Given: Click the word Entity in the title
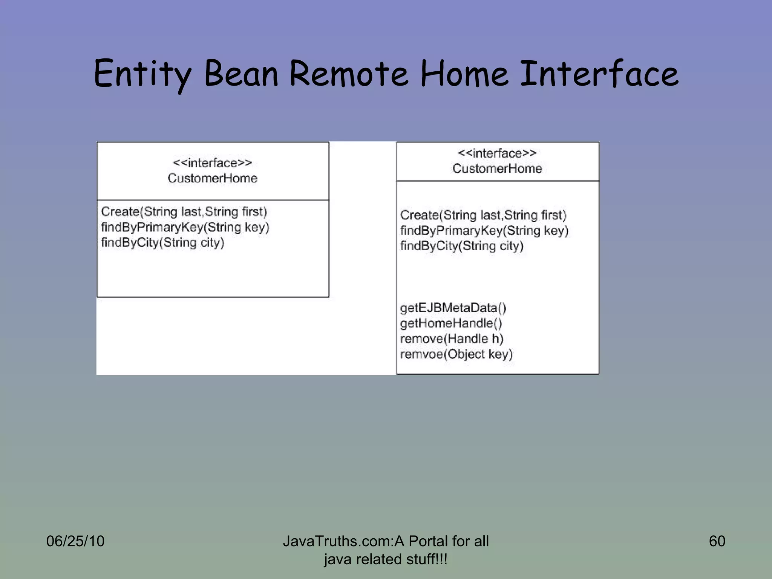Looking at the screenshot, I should (x=142, y=74).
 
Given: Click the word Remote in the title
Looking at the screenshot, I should (x=349, y=74).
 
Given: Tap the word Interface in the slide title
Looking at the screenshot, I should (x=599, y=74).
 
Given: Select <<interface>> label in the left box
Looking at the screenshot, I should (x=212, y=163).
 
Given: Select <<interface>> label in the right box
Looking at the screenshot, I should (x=497, y=153).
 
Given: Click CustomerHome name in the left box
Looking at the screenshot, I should (x=212, y=178).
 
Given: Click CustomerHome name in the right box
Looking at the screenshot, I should (x=497, y=168).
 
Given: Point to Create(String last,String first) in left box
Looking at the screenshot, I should (x=184, y=211).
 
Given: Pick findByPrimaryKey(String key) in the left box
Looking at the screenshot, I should (x=185, y=227).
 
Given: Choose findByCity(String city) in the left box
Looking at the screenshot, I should (x=162, y=242).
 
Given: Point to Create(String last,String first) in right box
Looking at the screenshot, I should (x=483, y=215).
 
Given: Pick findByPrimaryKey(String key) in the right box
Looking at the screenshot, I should (x=484, y=230).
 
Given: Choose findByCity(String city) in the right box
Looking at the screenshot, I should (x=462, y=246).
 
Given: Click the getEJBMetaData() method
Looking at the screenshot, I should (x=453, y=308).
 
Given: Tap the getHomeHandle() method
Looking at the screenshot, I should (x=451, y=323).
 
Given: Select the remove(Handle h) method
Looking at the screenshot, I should (x=452, y=339).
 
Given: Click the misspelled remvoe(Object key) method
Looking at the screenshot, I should (x=456, y=354).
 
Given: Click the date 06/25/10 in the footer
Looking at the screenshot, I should (x=75, y=541).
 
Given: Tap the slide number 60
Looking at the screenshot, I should (x=717, y=541).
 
